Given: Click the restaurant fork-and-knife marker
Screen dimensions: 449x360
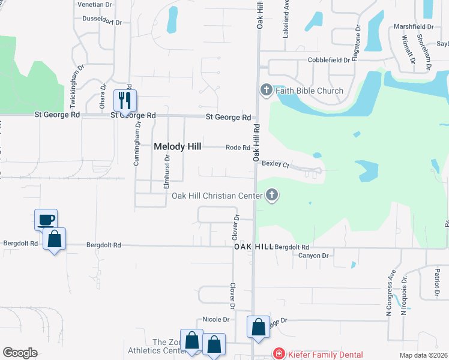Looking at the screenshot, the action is (x=125, y=100).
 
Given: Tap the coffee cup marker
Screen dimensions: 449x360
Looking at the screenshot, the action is (x=46, y=220).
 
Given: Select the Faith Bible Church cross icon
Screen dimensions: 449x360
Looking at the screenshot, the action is (x=267, y=91).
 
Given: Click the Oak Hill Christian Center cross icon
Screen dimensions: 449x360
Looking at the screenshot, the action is (x=272, y=195).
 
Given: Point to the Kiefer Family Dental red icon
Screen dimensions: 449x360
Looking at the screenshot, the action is (x=279, y=355).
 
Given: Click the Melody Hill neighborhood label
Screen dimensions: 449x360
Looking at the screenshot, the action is (x=178, y=146).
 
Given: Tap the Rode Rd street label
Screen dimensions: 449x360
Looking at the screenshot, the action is (x=238, y=148).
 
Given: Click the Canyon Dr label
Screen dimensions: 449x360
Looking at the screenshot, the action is (x=313, y=256).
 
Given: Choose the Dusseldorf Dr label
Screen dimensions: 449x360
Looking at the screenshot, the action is (x=102, y=22).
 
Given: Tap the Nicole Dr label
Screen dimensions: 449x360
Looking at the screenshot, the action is (x=217, y=320).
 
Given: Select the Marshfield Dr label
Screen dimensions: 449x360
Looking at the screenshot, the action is (x=414, y=27).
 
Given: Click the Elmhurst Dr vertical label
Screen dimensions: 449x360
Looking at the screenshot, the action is (x=167, y=172).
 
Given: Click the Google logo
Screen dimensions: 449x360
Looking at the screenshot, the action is (x=20, y=353).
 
